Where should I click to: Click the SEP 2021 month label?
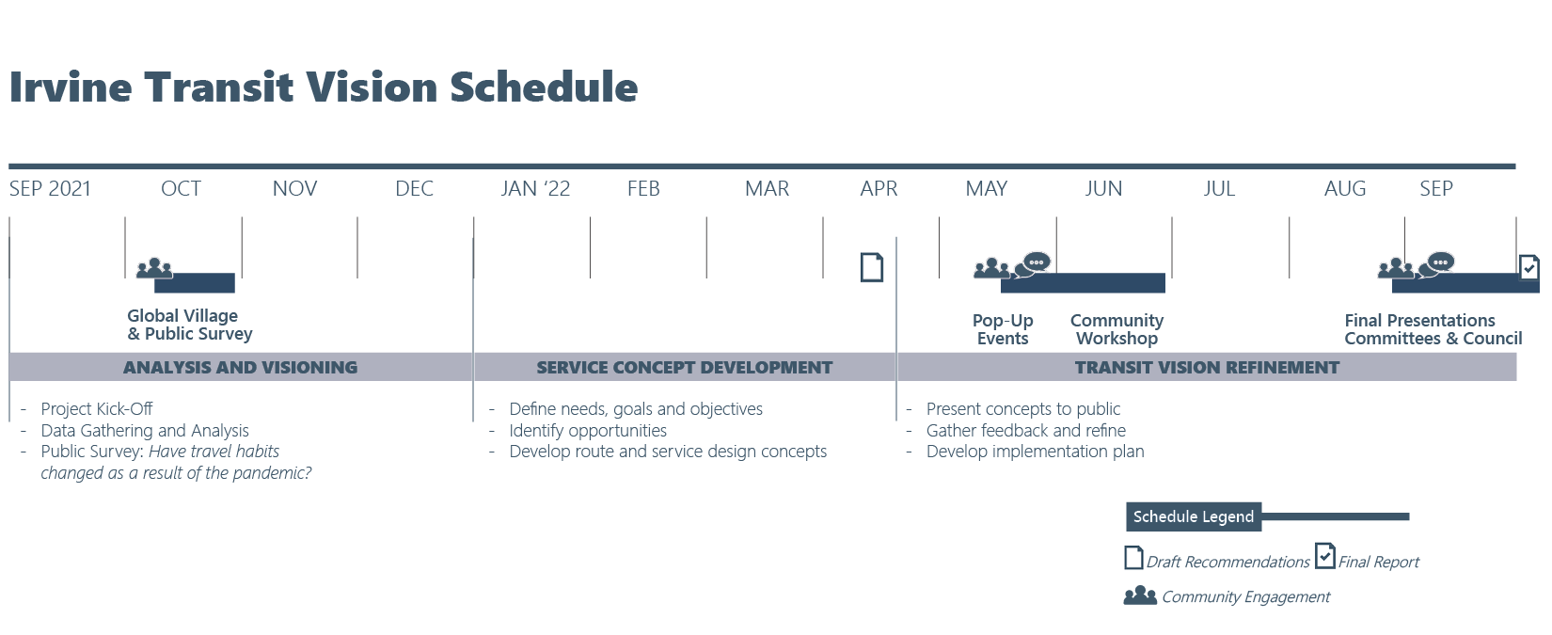(x=50, y=188)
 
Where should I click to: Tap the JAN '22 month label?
(x=535, y=188)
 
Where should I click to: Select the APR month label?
(x=879, y=188)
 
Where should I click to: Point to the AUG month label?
(x=1345, y=188)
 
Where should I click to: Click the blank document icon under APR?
(x=872, y=267)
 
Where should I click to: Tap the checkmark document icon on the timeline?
(x=1528, y=267)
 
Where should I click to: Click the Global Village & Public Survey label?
(x=189, y=325)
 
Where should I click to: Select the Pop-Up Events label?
(x=1003, y=329)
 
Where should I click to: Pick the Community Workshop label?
(x=1116, y=329)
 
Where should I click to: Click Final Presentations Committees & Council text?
(x=1433, y=329)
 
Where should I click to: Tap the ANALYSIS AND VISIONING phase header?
(x=241, y=368)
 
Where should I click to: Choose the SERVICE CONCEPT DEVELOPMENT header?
(x=685, y=368)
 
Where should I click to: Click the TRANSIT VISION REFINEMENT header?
(x=1207, y=368)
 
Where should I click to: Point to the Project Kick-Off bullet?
(x=96, y=409)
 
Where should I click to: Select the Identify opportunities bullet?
(x=588, y=431)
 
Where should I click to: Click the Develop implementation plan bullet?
(x=1035, y=452)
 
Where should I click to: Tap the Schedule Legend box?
(x=1193, y=516)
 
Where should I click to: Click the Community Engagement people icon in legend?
(x=1140, y=595)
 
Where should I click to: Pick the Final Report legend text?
(x=1378, y=562)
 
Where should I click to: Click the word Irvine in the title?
(x=71, y=87)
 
